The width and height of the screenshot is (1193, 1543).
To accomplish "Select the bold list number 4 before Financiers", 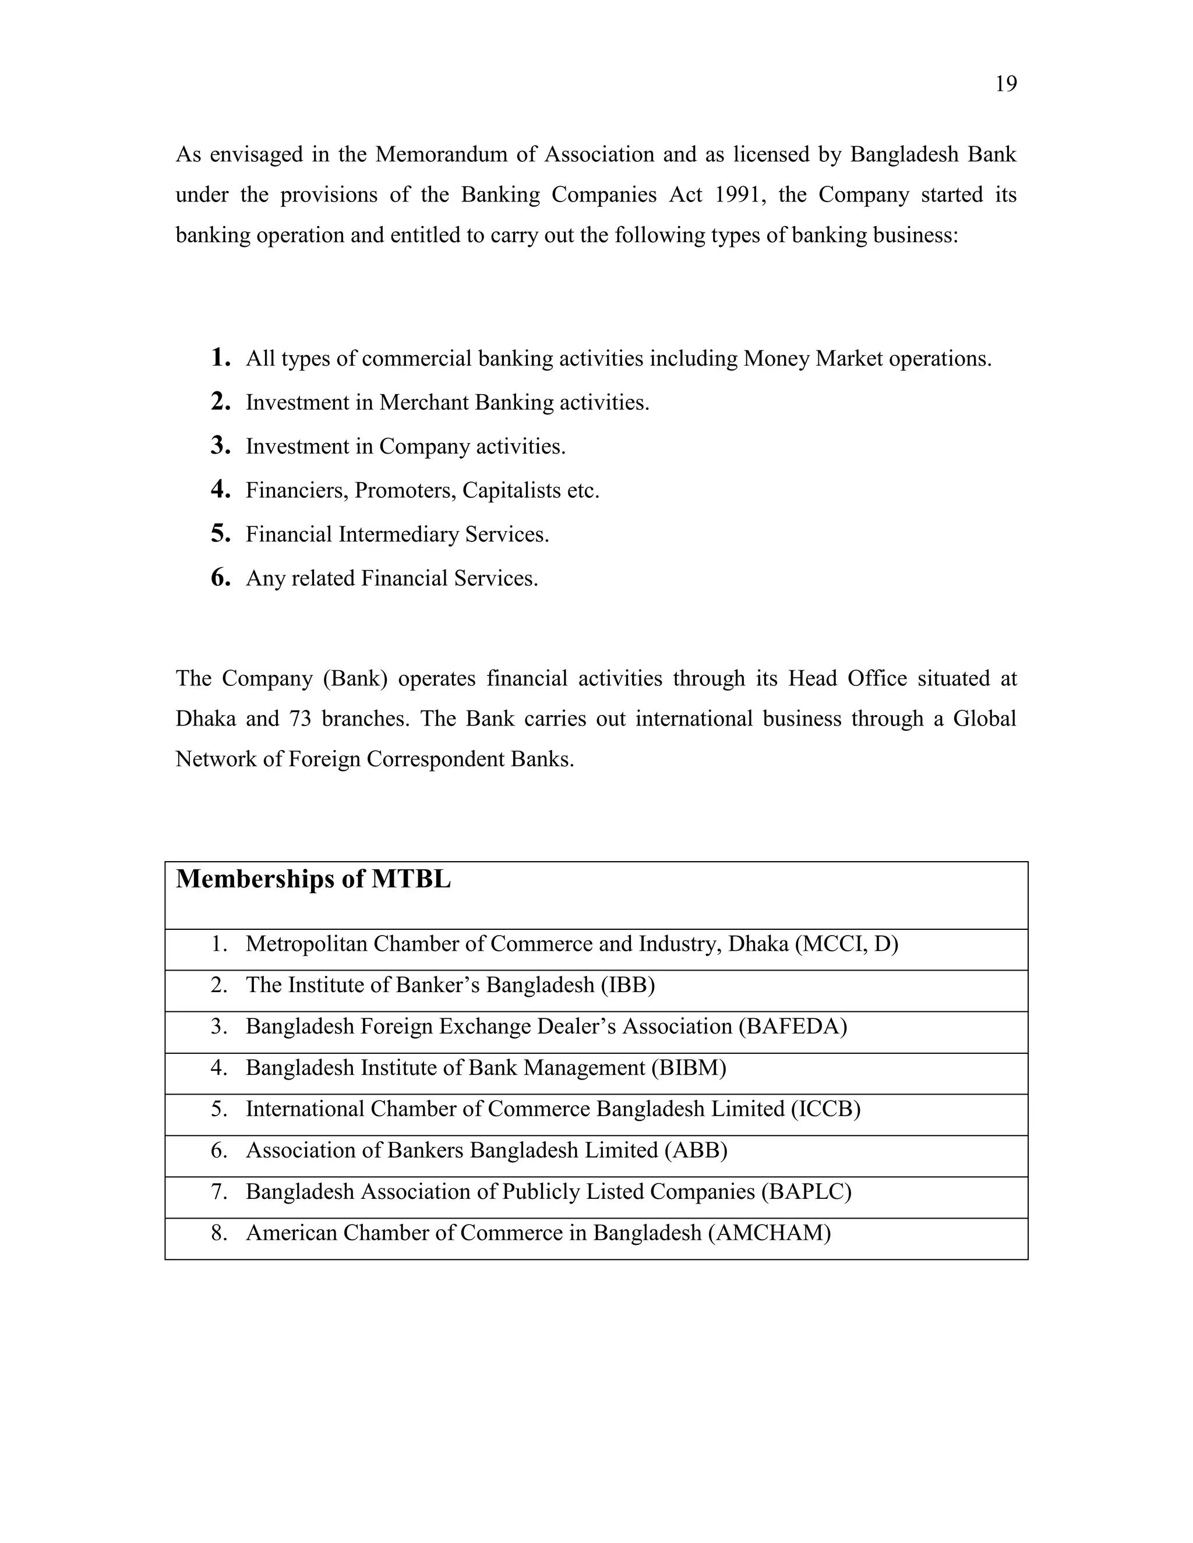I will pos(221,490).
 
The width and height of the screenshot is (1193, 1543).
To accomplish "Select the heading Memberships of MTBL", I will pos(313,880).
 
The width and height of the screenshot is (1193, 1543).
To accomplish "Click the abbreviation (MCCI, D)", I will pos(846,944).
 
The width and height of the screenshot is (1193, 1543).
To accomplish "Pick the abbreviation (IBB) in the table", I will pos(627,985).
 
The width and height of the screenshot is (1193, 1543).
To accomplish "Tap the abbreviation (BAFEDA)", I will pos(792,1027).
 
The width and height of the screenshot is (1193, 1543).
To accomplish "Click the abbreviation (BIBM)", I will pos(689,1067).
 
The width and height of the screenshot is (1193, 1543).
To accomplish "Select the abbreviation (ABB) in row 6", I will pos(696,1150).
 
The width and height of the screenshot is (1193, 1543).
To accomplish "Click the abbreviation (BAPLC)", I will pos(806,1192).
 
